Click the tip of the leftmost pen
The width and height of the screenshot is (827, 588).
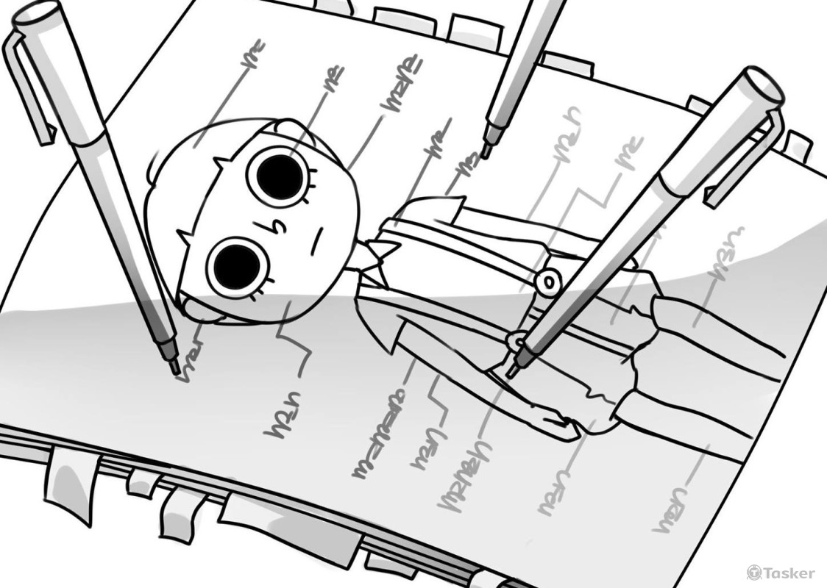(175, 366)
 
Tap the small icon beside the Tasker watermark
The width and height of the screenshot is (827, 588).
(753, 573)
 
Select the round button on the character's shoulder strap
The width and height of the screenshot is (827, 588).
(547, 280)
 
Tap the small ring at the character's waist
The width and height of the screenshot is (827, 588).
(516, 340)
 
